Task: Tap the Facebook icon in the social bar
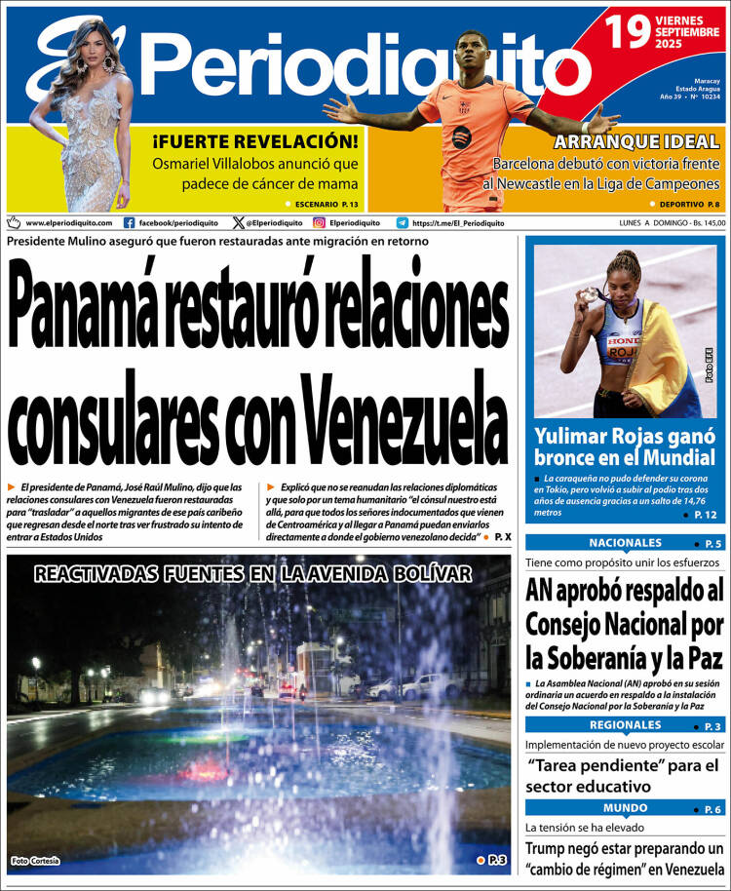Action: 130,222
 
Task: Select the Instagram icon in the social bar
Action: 319,222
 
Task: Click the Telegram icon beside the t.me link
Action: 402,222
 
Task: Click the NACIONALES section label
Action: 625,543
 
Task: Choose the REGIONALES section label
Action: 625,725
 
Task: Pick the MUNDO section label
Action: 625,808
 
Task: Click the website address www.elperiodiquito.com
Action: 68,223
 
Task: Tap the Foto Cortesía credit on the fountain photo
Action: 35,860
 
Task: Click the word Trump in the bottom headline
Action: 550,848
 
